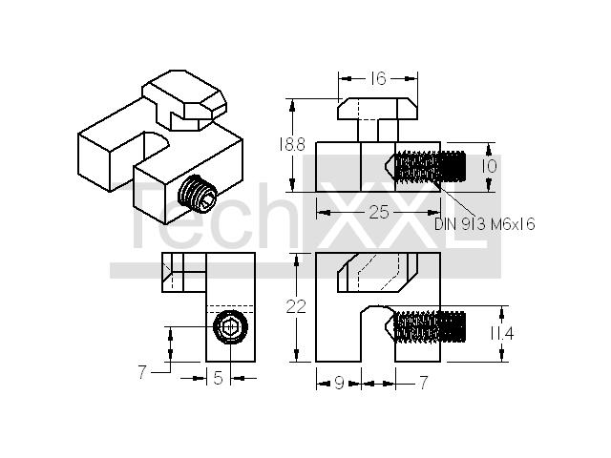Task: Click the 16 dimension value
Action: pyautogui.click(x=378, y=78)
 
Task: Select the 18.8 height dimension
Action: pyautogui.click(x=291, y=145)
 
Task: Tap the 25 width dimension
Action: pyautogui.click(x=379, y=212)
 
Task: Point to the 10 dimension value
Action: pyautogui.click(x=489, y=166)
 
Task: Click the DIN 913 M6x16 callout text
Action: pyautogui.click(x=485, y=224)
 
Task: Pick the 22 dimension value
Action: pyautogui.click(x=296, y=307)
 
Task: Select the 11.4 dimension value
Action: pyautogui.click(x=501, y=334)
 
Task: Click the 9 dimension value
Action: pyautogui.click(x=340, y=384)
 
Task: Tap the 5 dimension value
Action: pyautogui.click(x=219, y=378)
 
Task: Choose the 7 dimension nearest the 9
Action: pyautogui.click(x=424, y=383)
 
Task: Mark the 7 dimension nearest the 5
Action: pyautogui.click(x=142, y=373)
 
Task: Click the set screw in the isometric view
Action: pyautogui.click(x=198, y=194)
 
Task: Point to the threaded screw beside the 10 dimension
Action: pyautogui.click(x=426, y=166)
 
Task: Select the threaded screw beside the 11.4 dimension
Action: pyautogui.click(x=426, y=326)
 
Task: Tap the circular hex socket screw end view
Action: pyautogui.click(x=231, y=326)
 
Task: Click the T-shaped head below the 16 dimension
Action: pyautogui.click(x=378, y=118)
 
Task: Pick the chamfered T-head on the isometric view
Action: pyautogui.click(x=184, y=99)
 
